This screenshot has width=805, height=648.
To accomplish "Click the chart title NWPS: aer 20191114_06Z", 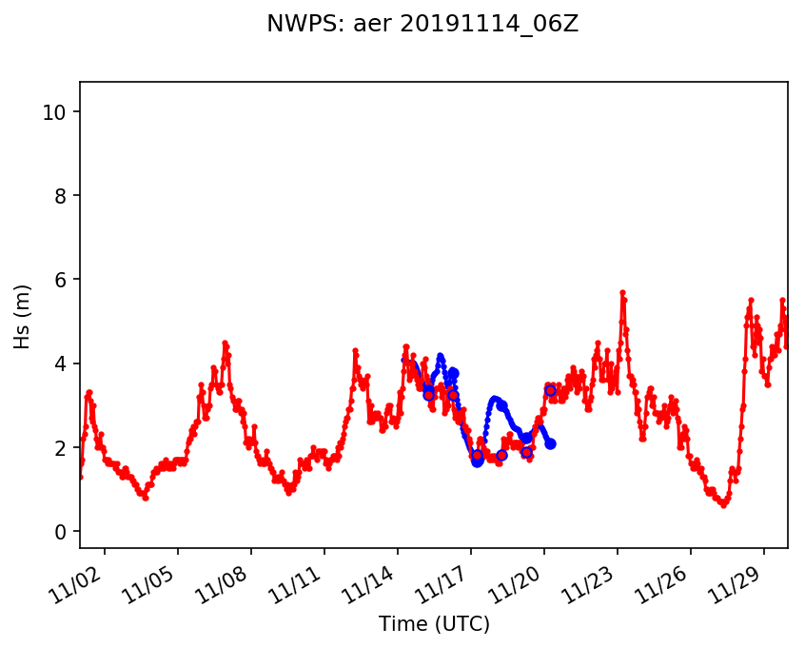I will coord(422,25).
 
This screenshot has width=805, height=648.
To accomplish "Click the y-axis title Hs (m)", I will coord(24,316).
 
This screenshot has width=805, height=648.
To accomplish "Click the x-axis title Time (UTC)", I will coord(434,624).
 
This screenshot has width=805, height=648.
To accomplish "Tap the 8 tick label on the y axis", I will coord(64,196).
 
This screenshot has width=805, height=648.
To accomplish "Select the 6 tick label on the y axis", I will coord(64,280).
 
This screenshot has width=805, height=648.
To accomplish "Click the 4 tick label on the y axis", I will coord(64,363).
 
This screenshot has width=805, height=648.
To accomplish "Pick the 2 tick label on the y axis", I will coord(64,447).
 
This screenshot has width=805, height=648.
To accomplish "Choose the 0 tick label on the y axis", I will coord(64,531).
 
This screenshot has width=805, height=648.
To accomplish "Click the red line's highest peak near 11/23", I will coord(622,293).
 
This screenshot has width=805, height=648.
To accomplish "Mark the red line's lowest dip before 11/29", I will coord(724,504).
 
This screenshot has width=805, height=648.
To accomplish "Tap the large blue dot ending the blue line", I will coord(550,444).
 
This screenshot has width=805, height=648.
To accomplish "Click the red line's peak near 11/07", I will coord(225,343).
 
